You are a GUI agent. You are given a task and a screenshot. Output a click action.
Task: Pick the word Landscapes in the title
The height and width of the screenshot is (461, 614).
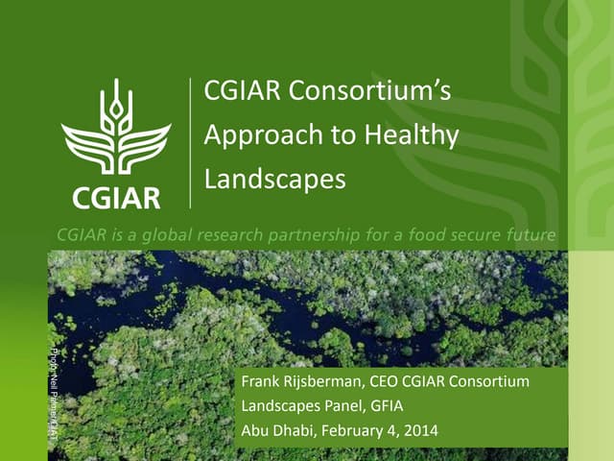pos(274,180)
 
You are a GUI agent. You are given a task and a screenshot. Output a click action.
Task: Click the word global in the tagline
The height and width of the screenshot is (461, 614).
pos(169,233)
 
